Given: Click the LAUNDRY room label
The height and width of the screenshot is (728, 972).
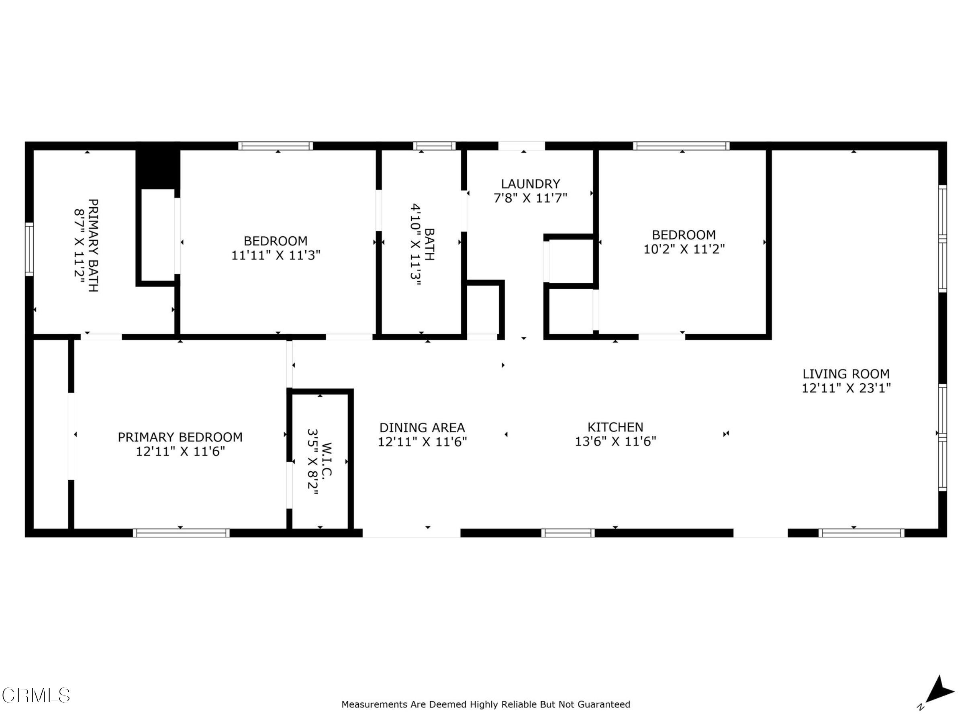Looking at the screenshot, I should tap(530, 184).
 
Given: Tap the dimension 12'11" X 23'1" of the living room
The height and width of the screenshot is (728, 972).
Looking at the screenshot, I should tap(846, 388).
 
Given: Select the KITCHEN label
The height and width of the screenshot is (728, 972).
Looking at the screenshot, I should tap(615, 427).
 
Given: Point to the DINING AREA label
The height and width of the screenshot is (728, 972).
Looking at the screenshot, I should tap(422, 427).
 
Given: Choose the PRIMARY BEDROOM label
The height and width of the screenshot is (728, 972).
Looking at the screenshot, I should tap(180, 437).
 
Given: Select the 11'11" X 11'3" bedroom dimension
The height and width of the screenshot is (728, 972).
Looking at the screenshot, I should tap(276, 255).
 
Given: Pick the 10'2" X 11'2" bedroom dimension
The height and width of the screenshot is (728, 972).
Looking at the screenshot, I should tap(684, 249).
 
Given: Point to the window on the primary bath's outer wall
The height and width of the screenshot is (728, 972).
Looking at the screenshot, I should tap(29, 249).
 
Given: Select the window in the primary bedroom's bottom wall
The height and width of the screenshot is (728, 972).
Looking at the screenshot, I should tap(181, 533).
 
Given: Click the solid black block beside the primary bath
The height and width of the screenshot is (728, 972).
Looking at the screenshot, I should tap(158, 166).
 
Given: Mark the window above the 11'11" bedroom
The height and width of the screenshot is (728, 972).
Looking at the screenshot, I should tap(276, 146).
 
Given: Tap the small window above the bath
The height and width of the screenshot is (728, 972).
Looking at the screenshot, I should tap(434, 146).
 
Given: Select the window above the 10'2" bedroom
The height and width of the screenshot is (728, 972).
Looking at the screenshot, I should tap(681, 146).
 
